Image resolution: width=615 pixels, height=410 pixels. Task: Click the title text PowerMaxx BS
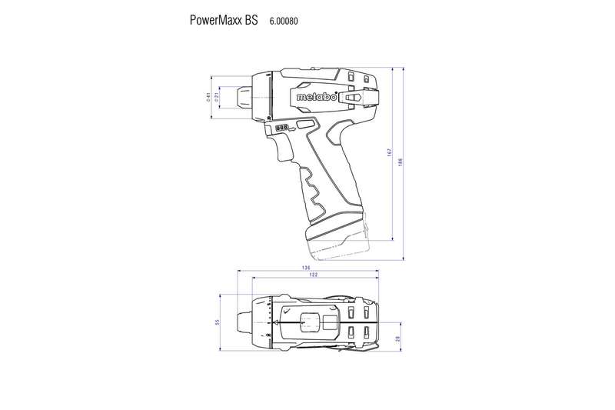pyautogui.click(x=224, y=20)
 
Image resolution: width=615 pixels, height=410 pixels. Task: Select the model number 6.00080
pyautogui.click(x=283, y=21)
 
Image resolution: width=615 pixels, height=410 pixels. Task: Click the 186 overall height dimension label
pyautogui.click(x=401, y=162)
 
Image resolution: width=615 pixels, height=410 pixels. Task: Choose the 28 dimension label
pyautogui.click(x=397, y=338)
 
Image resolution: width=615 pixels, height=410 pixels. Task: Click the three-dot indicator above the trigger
pyautogui.click(x=282, y=127)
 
